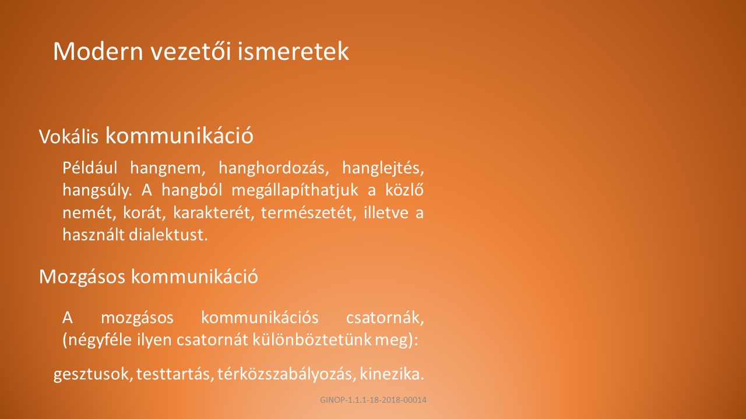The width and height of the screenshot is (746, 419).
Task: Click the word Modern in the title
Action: (98, 51)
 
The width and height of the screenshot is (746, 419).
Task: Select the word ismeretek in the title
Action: (293, 51)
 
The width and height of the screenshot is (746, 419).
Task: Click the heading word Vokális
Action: (69, 136)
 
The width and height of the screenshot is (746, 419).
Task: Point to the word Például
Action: (90, 168)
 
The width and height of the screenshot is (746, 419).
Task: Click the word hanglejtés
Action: (383, 169)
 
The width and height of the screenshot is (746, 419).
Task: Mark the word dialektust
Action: (168, 235)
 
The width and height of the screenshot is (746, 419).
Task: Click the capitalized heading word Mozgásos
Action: (82, 276)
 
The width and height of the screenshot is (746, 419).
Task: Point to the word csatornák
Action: (385, 318)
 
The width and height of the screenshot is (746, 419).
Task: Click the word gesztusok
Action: (93, 374)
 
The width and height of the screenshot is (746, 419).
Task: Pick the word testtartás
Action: (175, 374)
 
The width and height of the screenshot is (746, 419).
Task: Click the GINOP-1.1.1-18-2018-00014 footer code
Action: (373, 400)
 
